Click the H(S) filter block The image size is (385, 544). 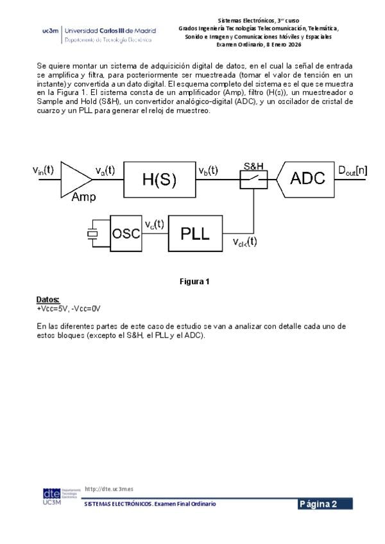[159, 180]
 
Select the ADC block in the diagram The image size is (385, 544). [305, 180]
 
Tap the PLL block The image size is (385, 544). [195, 234]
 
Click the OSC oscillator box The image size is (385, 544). [126, 234]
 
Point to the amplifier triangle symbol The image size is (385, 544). [76, 180]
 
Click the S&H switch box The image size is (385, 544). [253, 180]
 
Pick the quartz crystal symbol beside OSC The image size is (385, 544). [92, 234]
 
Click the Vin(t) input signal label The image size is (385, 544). [43, 171]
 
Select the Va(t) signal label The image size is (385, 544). [105, 171]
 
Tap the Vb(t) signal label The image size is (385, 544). [209, 171]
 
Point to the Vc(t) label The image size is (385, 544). [155, 224]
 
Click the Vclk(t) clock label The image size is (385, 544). [244, 242]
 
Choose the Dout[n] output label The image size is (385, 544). [352, 171]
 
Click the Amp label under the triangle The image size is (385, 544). [83, 197]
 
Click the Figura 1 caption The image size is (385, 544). [194, 282]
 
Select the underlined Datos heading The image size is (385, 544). [48, 300]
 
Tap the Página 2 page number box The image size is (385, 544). [325, 504]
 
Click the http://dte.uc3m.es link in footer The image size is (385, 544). [109, 489]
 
